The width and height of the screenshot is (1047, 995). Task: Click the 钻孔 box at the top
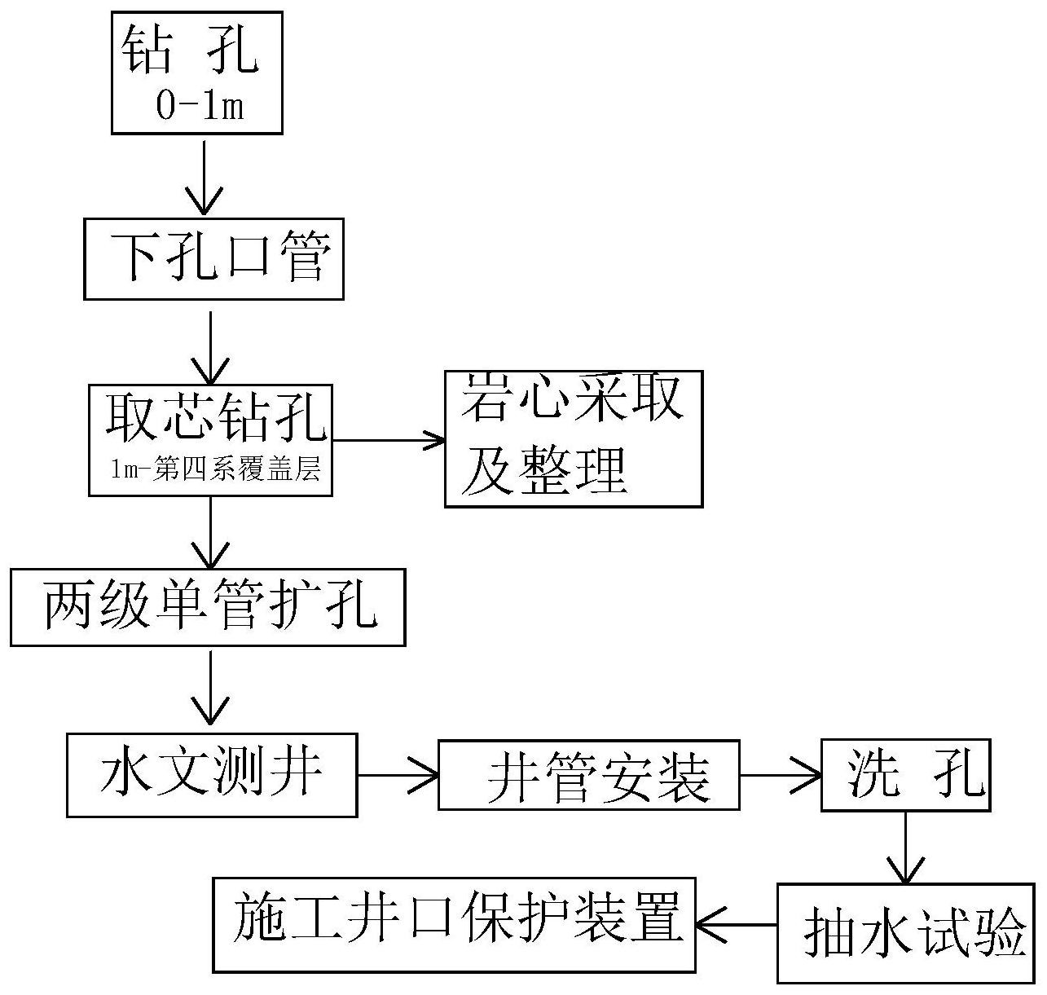coord(196,72)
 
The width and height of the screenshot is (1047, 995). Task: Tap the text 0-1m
coord(200,107)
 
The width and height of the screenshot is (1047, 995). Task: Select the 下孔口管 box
coord(213,258)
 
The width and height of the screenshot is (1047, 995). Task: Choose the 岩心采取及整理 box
coord(573,439)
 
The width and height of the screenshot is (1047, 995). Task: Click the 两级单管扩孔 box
coord(208,607)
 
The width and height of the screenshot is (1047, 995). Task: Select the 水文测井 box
coord(211,774)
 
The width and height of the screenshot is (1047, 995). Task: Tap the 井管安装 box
coord(588,774)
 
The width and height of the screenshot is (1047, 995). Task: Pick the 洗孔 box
coord(904,774)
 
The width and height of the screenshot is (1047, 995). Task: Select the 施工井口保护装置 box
coord(454,925)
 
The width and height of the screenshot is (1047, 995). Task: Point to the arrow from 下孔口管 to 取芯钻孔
coord(211,346)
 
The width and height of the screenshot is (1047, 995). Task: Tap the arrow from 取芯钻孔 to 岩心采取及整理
coord(389,441)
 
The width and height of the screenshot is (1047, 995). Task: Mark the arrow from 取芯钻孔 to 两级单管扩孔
coord(211,531)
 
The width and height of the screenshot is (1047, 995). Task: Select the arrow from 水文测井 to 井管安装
coord(398,775)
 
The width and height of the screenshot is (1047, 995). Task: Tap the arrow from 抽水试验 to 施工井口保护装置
coord(737,925)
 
